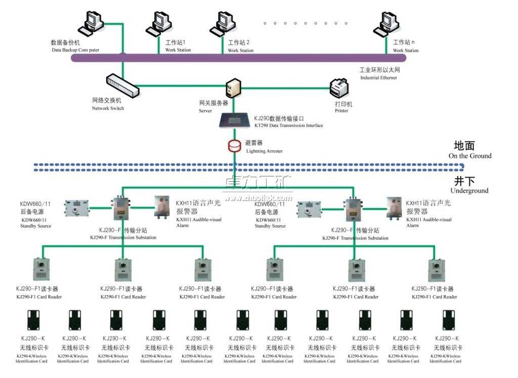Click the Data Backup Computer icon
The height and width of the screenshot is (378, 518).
tap(92, 22)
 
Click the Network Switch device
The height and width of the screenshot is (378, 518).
tap(122, 85)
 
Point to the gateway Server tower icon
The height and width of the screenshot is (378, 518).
tap(234, 88)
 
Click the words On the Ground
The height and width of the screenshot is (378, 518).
tap(469, 156)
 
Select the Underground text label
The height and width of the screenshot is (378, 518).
tap(469, 191)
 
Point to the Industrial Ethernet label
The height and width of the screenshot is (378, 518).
tap(378, 77)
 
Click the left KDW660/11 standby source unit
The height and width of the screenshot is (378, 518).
tap(76, 207)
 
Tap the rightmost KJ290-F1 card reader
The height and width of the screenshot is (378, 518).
tap(436, 270)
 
